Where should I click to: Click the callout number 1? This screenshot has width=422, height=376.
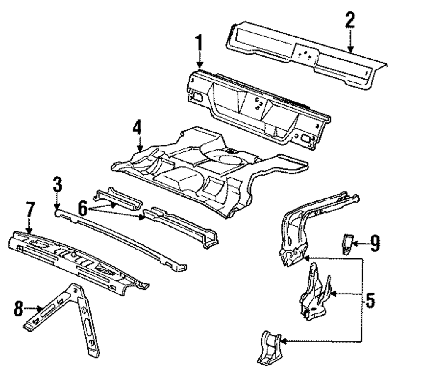[198, 44]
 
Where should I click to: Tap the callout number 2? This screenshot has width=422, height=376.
[350, 20]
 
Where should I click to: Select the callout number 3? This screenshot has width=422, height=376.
[57, 185]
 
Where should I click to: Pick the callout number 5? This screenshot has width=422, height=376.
[370, 301]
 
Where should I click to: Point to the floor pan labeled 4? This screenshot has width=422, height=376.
[203, 169]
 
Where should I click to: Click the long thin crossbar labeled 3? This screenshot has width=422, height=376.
[122, 237]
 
